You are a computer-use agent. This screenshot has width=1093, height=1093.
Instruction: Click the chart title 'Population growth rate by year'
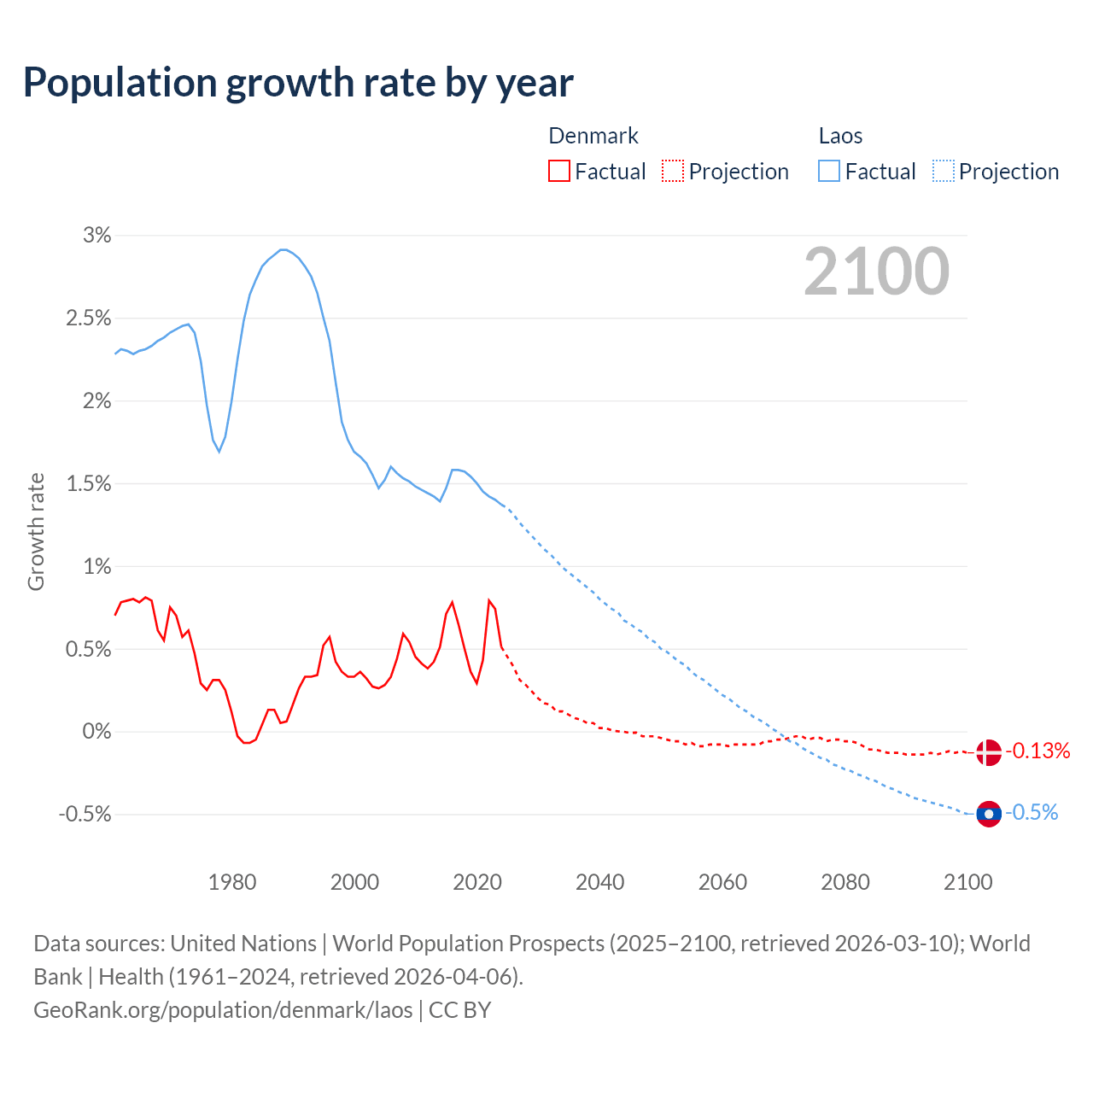[x=298, y=82]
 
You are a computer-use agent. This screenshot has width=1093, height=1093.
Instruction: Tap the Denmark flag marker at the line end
[x=988, y=752]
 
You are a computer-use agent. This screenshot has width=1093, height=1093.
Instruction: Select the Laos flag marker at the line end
[x=988, y=815]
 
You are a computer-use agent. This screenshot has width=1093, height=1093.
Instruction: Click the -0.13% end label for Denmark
[x=1037, y=751]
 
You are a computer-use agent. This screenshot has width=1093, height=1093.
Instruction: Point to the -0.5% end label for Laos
[x=1032, y=813]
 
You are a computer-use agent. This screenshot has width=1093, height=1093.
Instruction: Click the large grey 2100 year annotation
[x=876, y=272]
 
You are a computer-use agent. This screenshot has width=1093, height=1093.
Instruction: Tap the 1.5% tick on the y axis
[x=89, y=484]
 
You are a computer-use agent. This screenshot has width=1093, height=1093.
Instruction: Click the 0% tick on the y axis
[x=97, y=732]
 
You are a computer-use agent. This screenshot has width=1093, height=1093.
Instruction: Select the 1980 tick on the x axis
[x=232, y=882]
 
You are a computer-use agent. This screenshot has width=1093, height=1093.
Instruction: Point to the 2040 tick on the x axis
[x=600, y=882]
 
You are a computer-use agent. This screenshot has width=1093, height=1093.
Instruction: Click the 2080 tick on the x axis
[x=845, y=882]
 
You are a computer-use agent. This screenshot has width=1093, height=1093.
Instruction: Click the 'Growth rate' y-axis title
[x=36, y=531]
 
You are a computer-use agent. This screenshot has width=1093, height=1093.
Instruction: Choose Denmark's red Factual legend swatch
[x=559, y=172]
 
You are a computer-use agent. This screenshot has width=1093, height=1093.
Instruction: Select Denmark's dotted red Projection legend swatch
[x=673, y=172]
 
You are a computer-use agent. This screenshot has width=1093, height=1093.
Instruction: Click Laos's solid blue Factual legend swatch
[x=829, y=172]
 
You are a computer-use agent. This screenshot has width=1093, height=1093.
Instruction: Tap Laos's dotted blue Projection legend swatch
[x=944, y=172]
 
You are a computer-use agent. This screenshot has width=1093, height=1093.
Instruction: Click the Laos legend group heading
[x=840, y=137]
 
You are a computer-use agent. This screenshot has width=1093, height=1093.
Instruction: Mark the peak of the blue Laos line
[x=283, y=249]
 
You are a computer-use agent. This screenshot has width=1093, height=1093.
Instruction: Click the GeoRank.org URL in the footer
[x=223, y=1010]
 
